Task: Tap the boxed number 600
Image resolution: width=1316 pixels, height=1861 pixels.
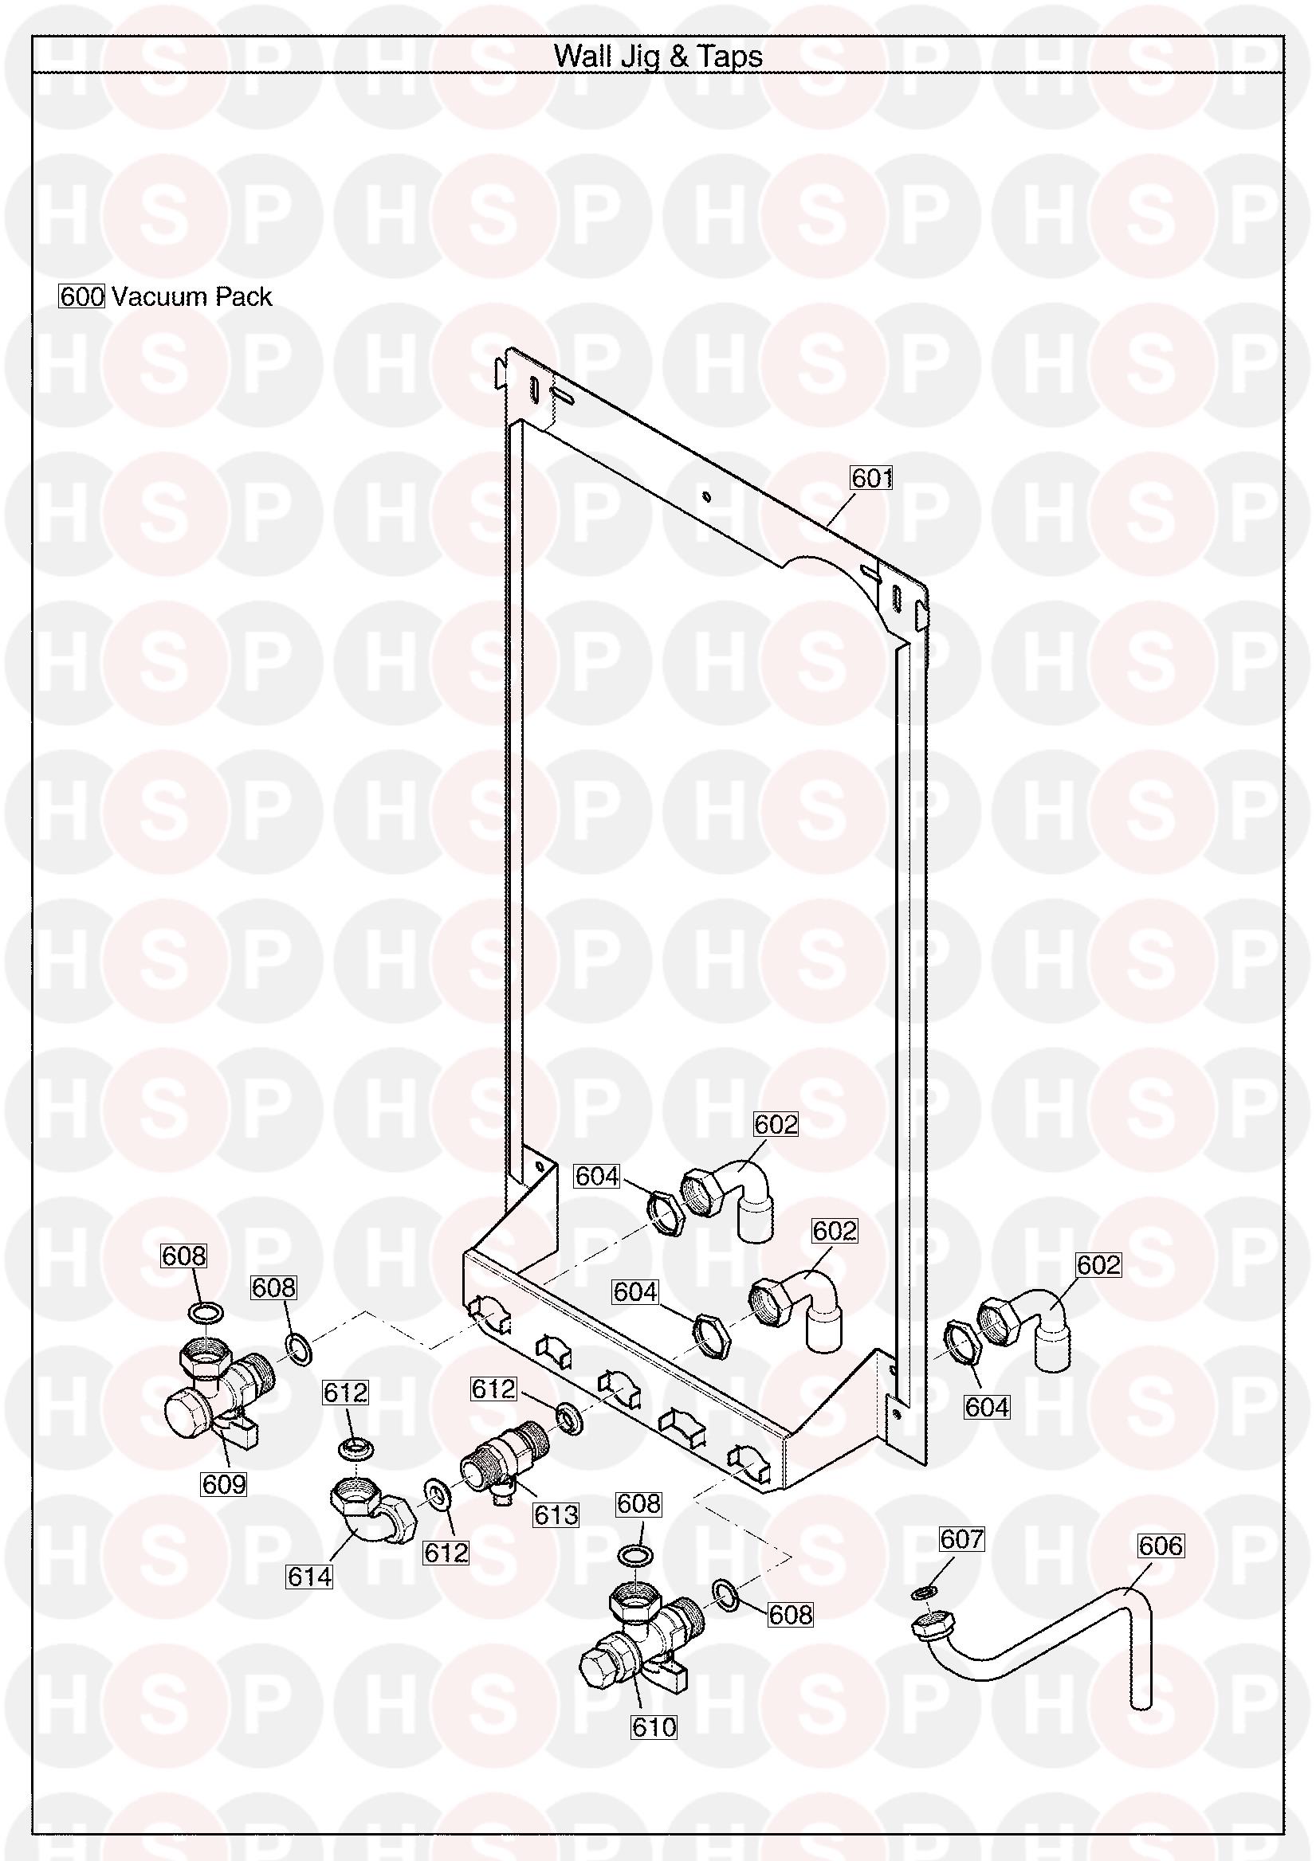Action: pos(83,296)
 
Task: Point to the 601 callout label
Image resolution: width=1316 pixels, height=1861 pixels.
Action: pos(871,478)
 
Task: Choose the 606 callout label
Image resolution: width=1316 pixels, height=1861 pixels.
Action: pos(1161,1546)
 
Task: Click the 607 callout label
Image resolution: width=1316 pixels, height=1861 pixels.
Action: pos(961,1538)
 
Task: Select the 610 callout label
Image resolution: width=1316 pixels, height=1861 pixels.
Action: pos(654,1727)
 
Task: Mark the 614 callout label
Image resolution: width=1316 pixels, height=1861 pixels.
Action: pos(310,1577)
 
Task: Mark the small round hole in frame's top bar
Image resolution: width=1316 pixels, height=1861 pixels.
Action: pos(706,496)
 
